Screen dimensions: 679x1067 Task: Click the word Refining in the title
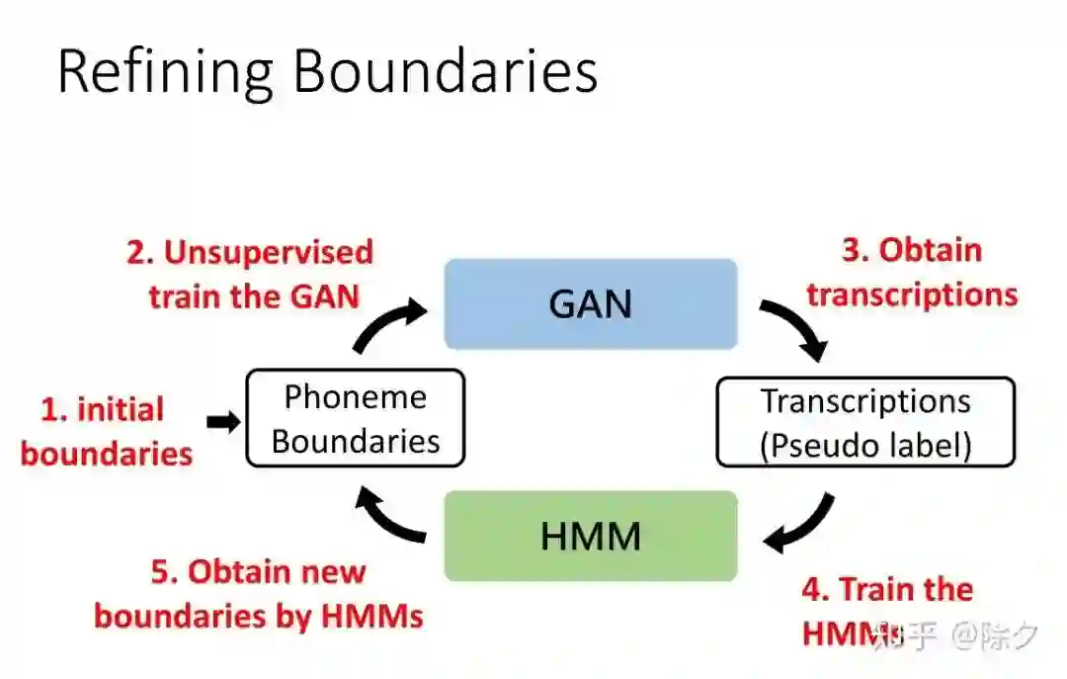pos(164,72)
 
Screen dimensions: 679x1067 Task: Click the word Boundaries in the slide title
pos(446,72)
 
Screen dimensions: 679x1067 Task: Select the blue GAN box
pos(590,303)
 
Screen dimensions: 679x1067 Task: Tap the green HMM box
pos(590,536)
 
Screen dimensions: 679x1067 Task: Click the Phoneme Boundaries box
pos(355,418)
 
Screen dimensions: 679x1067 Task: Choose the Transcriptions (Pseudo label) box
pos(864,422)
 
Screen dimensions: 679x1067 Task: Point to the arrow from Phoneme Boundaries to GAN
pos(387,325)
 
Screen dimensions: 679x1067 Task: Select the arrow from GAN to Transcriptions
pos(795,329)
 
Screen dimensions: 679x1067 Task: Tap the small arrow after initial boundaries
pos(223,422)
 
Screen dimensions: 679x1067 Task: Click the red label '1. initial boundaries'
pos(106,431)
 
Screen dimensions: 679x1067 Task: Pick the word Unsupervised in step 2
pos(268,252)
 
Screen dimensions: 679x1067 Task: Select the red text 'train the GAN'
pos(254,296)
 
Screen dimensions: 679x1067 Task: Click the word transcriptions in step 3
pos(911,294)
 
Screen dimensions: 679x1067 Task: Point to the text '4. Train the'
pos(886,589)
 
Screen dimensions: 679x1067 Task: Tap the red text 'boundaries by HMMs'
pos(259,616)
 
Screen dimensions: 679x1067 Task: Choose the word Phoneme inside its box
pos(355,397)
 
